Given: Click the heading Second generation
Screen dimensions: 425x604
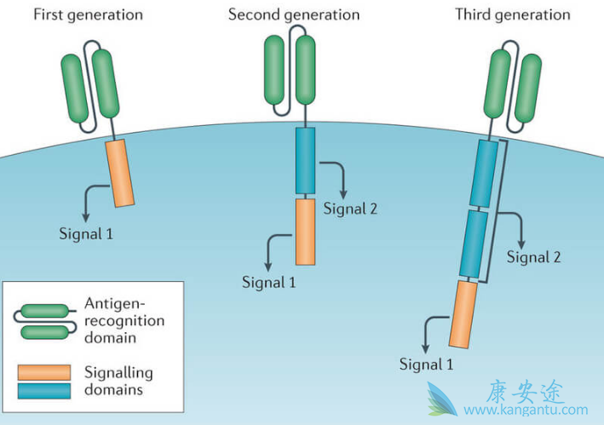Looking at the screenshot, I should point(294,14).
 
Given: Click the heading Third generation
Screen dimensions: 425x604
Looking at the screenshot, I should point(512,14).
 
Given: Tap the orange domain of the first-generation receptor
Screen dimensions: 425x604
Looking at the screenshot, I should point(120,175).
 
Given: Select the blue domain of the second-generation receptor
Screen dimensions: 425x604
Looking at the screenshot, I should point(305,160).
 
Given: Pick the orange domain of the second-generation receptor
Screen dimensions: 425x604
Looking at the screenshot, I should point(306,231).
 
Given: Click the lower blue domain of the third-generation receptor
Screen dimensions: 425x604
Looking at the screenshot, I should point(473,244).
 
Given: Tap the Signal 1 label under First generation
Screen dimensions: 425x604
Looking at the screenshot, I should point(85,233).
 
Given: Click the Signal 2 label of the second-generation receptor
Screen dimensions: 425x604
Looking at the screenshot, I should point(351,209).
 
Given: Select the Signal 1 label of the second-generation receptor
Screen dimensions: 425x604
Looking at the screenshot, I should point(270,282).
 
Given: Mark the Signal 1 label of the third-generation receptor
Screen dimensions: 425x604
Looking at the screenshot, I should point(427,364).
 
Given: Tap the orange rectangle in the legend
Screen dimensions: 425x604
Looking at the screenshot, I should point(43,373).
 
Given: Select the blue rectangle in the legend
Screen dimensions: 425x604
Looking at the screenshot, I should point(43,390).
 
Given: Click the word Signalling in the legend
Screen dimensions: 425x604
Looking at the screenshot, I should point(118,372).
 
